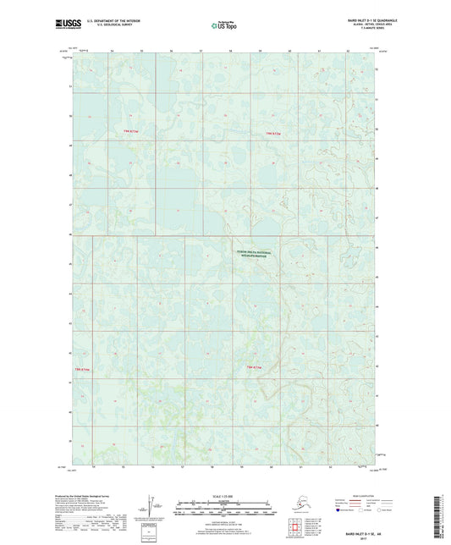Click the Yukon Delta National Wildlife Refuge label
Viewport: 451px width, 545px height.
coord(253,251)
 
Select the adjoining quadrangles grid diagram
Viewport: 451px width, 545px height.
coord(294,525)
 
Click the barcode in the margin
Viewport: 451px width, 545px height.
coord(439,514)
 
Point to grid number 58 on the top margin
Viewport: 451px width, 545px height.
coord(232,52)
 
